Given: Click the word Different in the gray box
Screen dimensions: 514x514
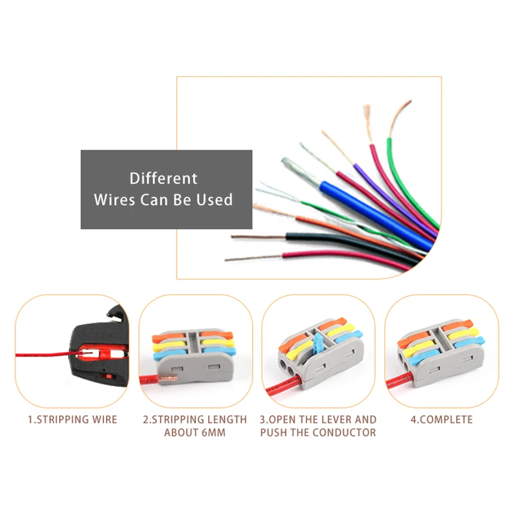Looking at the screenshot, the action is [x=163, y=179].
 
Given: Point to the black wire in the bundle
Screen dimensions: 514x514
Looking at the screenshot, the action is [x=351, y=244].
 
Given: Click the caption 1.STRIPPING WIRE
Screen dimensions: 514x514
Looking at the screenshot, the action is [x=73, y=420].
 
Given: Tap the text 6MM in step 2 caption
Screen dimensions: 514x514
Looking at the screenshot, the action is [x=213, y=432].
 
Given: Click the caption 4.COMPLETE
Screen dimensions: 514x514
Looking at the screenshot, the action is [x=441, y=420].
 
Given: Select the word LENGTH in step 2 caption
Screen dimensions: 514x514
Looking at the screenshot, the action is [x=227, y=420].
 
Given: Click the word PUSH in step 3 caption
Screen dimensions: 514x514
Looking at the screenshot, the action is [x=274, y=432].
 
